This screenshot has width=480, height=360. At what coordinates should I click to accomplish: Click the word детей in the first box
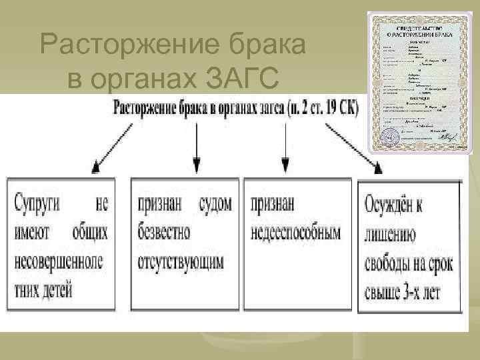click(x=60, y=290)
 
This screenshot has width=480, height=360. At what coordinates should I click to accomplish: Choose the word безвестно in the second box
click(x=164, y=233)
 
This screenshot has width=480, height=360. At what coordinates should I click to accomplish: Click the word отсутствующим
click(x=181, y=261)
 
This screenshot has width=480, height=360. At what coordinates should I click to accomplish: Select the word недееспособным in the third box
click(x=295, y=233)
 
